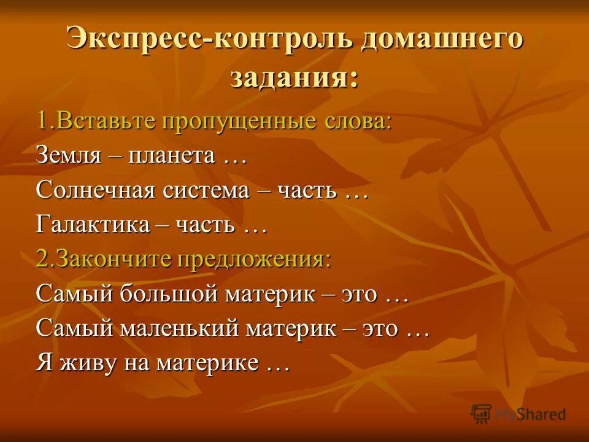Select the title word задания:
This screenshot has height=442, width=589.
(x=294, y=79)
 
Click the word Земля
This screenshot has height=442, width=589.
(x=68, y=155)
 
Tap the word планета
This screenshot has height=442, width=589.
(x=172, y=155)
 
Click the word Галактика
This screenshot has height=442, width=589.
(x=93, y=225)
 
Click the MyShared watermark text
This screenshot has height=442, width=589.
(x=530, y=414)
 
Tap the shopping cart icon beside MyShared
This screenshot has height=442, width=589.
(x=482, y=414)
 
